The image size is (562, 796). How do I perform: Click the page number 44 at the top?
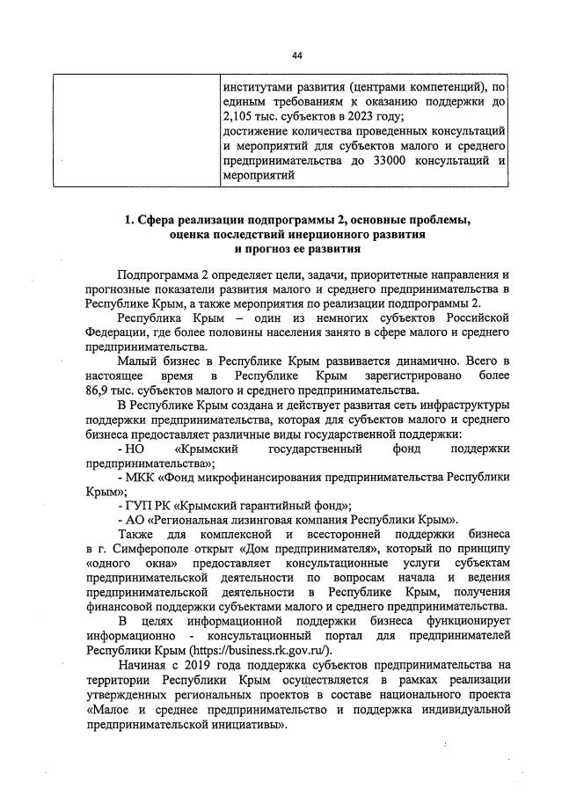click(297, 55)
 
